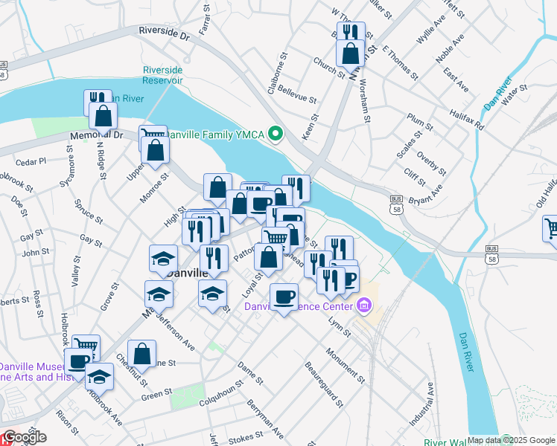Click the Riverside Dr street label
pos(165,33)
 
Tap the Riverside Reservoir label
pos(163,76)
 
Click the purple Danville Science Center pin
pos(364,306)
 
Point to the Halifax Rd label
pos(466,117)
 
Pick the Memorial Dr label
pos(96,136)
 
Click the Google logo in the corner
pos(24,436)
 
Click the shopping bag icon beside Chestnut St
pos(141,354)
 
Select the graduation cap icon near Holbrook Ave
pos(99,376)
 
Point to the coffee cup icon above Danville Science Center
pos(283,297)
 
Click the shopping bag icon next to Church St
pos(350,53)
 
